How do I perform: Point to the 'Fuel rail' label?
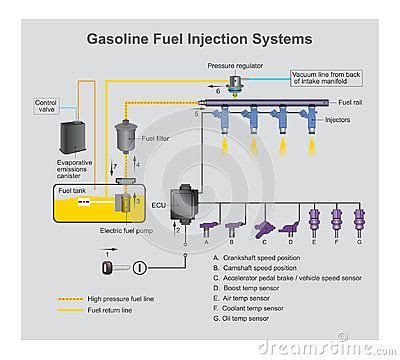coord(351,102)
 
